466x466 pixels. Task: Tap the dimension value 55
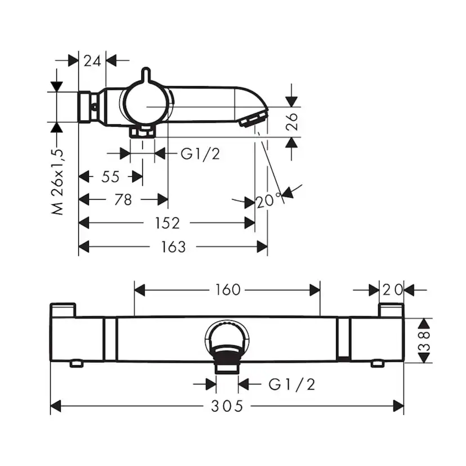110,177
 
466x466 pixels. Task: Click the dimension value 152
167,223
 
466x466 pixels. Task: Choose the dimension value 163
172,247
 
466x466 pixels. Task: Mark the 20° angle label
269,200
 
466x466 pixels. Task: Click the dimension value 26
292,122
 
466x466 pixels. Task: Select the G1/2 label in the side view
200,154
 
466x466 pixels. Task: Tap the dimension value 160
227,290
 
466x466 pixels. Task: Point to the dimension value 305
227,406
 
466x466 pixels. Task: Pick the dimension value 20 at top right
392,290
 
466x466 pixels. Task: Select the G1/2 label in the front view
292,384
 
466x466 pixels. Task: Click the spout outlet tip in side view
254,119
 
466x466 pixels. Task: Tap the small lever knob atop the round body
146,74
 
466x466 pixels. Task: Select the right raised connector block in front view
391,310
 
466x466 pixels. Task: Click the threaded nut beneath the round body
143,132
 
